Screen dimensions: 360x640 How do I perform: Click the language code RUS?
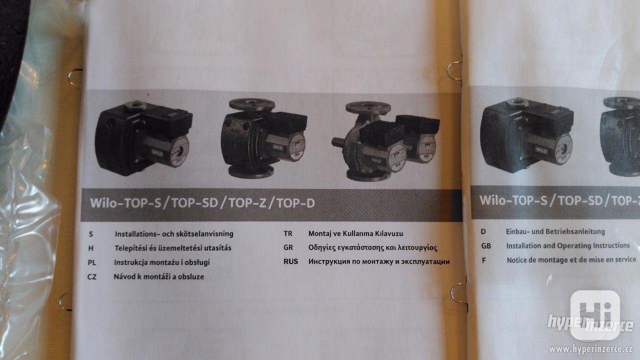click(x=290, y=261)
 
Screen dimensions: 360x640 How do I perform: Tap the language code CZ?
click(x=91, y=276)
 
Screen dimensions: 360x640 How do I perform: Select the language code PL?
click(x=91, y=262)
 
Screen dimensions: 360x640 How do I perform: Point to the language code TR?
click(x=288, y=233)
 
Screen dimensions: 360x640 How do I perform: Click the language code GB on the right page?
click(x=486, y=246)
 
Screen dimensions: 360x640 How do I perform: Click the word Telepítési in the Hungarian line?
click(x=131, y=248)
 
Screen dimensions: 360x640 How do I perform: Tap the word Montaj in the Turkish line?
click(x=320, y=233)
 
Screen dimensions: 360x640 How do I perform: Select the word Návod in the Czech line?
click(x=125, y=276)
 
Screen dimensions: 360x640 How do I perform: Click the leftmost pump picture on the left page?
click(x=142, y=132)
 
